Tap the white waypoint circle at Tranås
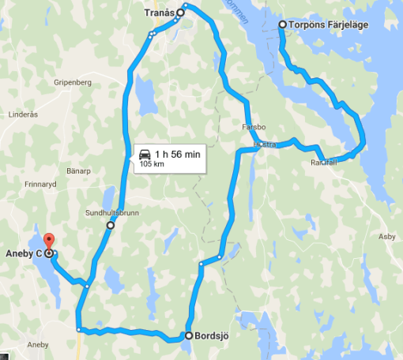180,13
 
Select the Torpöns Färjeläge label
322,24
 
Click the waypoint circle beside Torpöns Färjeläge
282,25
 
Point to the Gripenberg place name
73,81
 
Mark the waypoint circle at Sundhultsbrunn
110,226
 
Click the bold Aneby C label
21,253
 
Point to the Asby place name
386,236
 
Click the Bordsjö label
212,336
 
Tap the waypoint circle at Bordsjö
188,336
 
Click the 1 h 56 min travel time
178,154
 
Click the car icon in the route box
145,154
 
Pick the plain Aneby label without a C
38,345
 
